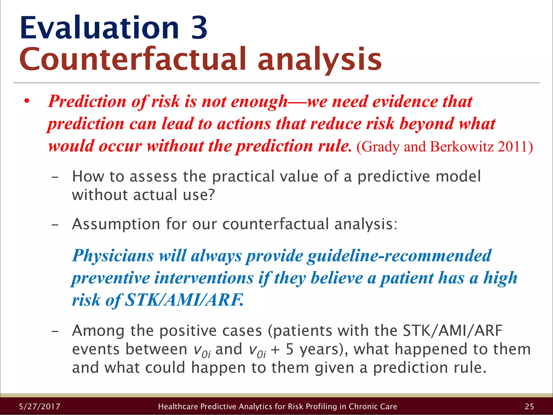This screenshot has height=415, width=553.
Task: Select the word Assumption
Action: click(116, 224)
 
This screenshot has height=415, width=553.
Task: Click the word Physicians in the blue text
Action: click(113, 256)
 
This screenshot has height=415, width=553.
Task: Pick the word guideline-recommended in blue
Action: click(399, 256)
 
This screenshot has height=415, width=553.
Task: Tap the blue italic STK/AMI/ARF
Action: click(184, 300)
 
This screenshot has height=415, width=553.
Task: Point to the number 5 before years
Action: click(290, 349)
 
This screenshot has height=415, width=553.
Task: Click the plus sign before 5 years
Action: click(275, 350)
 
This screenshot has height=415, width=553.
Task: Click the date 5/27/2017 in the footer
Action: click(40, 406)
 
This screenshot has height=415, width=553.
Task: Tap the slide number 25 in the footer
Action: click(529, 406)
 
